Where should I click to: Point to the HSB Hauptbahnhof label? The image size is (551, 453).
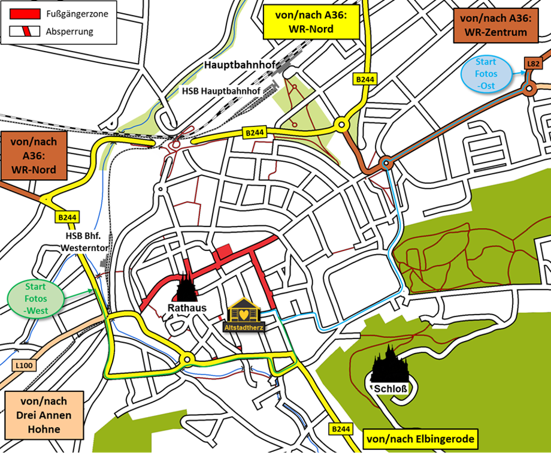(x=221, y=90)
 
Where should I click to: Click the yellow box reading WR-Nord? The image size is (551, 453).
(x=310, y=22)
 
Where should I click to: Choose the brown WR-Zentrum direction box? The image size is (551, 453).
(x=494, y=25)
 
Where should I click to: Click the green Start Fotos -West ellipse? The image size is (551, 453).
(x=36, y=298)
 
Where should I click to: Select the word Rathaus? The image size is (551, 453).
(x=187, y=308)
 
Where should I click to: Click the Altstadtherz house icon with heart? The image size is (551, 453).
(x=244, y=313)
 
